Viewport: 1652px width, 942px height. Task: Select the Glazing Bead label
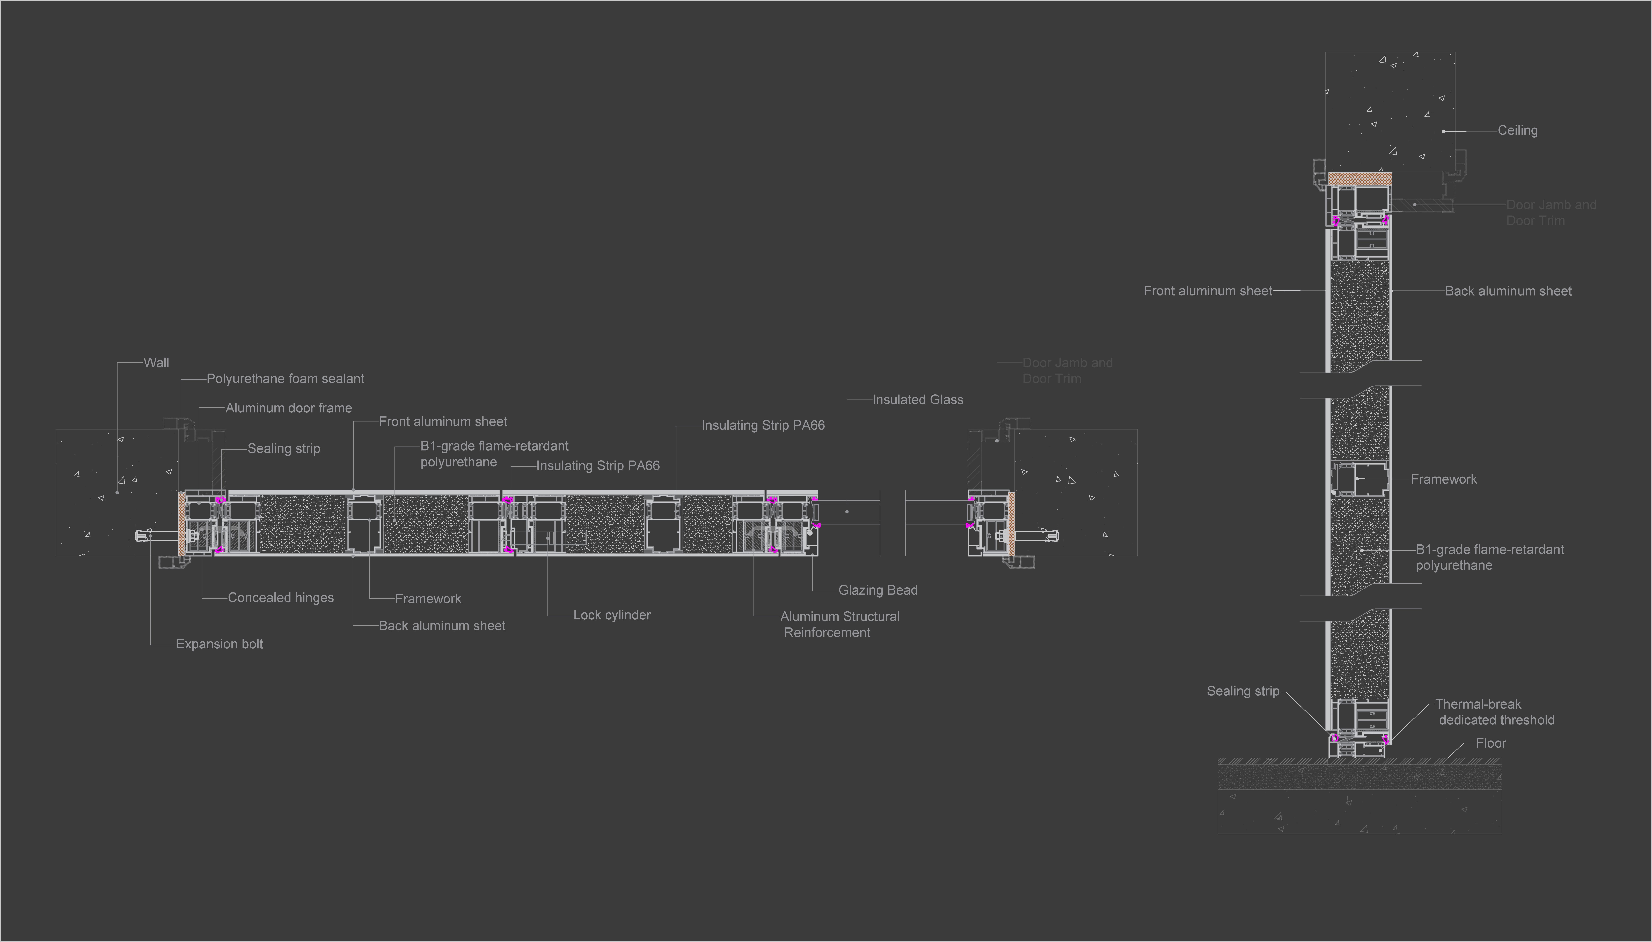[x=878, y=590]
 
